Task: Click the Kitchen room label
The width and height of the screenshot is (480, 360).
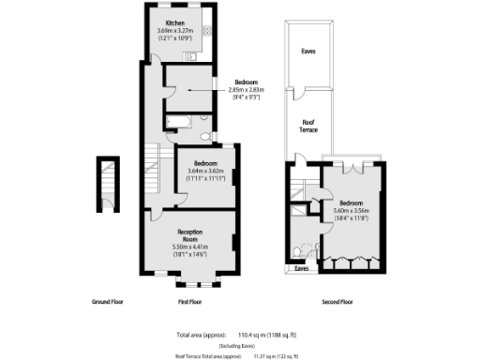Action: pos(174,22)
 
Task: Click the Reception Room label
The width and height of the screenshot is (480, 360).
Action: pos(191,233)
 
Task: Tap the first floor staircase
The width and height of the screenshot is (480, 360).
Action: pos(153,172)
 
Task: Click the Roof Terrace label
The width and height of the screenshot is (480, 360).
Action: pos(307,126)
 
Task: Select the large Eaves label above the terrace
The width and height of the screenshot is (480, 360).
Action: pos(307,52)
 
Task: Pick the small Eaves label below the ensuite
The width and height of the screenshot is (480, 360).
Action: pos(302,268)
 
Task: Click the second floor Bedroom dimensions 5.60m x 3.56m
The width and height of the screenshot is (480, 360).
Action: pos(352,212)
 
